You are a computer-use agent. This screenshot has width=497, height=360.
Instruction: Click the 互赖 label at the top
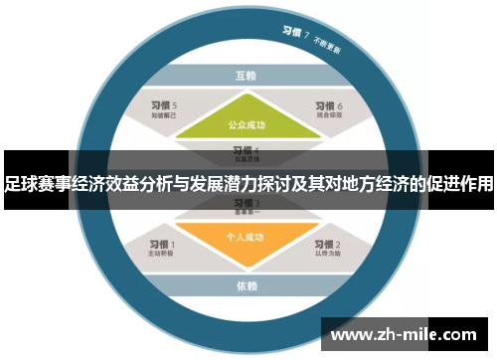click(x=247, y=75)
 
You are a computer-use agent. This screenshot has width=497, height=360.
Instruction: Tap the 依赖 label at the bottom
click(x=247, y=286)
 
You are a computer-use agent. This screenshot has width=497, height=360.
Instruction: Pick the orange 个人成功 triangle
click(x=246, y=239)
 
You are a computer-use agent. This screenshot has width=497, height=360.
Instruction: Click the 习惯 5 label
click(x=163, y=105)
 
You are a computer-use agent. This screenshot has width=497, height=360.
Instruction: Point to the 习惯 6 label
click(x=327, y=105)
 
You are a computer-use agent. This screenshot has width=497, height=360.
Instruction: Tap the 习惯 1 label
click(x=161, y=244)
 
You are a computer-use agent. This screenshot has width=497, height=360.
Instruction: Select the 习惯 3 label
click(x=246, y=203)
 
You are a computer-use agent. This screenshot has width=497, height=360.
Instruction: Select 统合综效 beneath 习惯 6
click(x=328, y=116)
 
